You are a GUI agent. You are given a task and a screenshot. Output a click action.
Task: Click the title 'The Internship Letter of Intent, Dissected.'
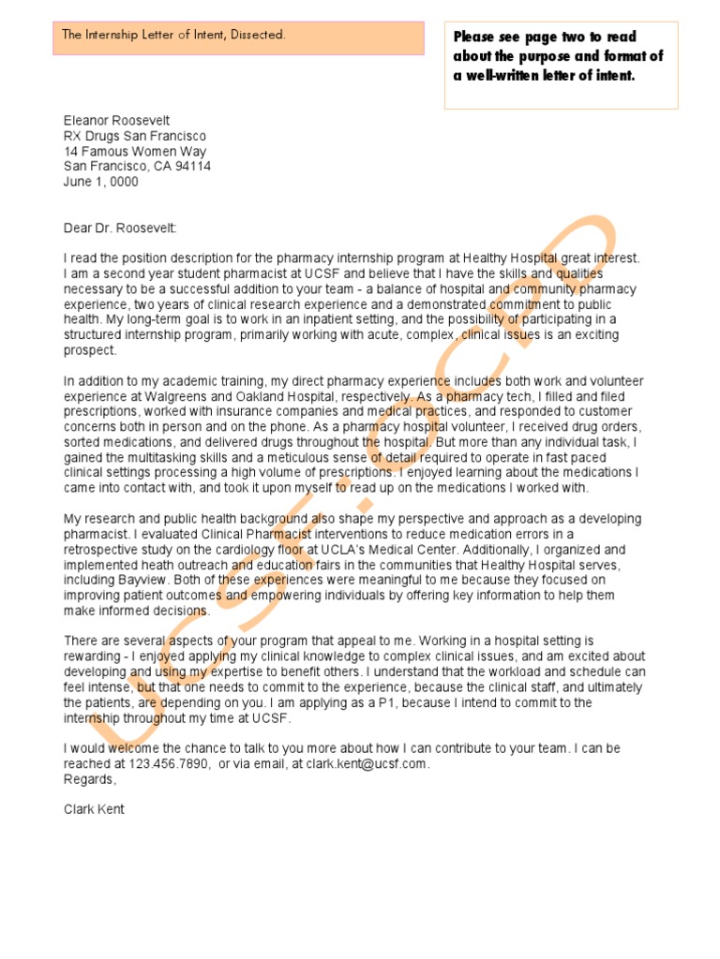173,35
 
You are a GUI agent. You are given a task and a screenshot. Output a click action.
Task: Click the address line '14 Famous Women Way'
135,151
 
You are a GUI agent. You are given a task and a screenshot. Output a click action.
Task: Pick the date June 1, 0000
100,182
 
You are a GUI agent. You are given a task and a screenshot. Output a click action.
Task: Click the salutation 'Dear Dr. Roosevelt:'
119,228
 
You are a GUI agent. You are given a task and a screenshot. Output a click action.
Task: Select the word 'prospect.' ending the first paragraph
90,350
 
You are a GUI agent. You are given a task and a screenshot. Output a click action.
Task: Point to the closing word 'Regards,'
90,778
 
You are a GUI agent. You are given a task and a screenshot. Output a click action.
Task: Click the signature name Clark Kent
94,808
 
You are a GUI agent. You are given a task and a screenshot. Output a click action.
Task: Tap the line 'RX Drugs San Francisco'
135,136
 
